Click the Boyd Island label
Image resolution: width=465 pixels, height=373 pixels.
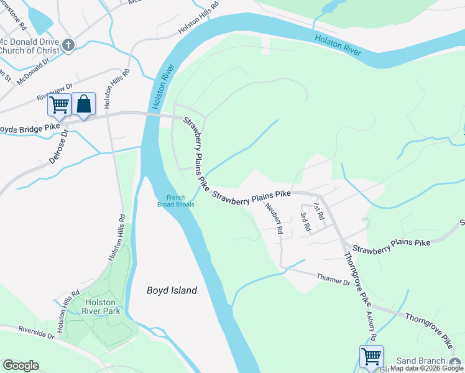(x=172, y=290)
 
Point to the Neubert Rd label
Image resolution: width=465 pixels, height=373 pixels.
(x=274, y=218)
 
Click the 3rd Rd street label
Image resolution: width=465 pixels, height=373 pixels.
(x=305, y=221)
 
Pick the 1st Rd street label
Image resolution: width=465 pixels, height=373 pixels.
(x=320, y=211)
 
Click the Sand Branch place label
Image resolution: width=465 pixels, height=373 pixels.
(x=421, y=361)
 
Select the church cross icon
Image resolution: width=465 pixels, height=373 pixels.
(x=68, y=45)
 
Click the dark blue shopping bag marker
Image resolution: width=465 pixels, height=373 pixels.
(x=83, y=104)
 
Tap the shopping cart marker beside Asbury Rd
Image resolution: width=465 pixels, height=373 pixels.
(x=371, y=357)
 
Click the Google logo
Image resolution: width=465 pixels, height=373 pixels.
(x=21, y=366)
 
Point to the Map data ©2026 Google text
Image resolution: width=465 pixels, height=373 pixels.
(x=426, y=369)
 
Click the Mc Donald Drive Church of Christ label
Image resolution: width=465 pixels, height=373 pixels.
(x=29, y=46)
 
